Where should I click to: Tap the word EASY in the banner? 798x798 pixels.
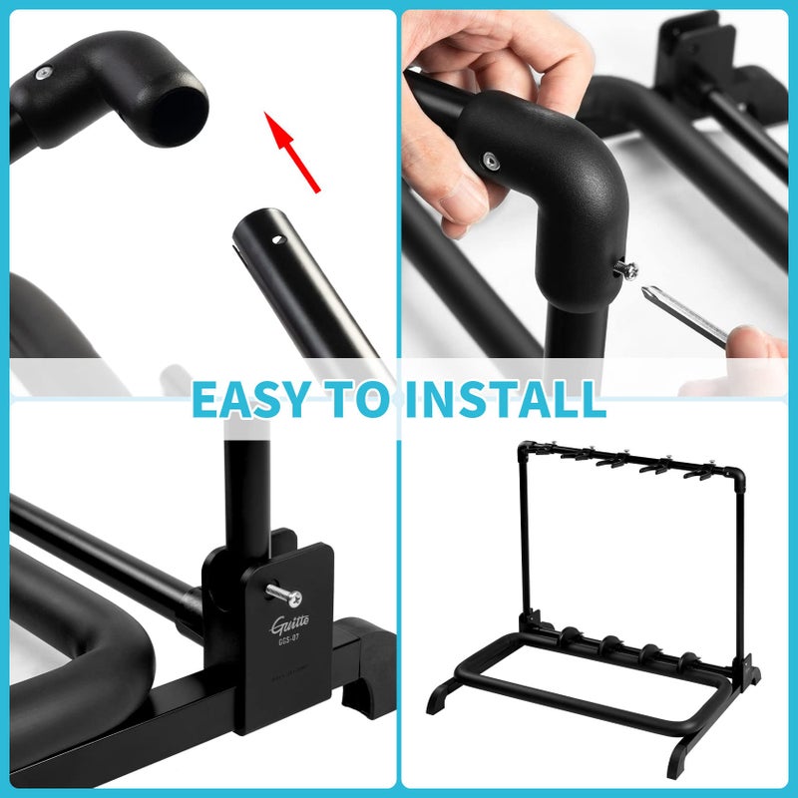(249, 399)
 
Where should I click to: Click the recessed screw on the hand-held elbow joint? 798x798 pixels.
(490, 159)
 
